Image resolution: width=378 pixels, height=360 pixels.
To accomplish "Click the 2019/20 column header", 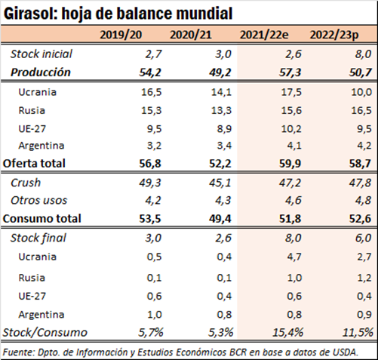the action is [121, 35].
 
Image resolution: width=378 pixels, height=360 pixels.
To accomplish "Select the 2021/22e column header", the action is [264, 35].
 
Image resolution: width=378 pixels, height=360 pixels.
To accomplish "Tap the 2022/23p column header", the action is [334, 35].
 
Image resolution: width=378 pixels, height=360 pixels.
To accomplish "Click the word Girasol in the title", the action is [31, 14].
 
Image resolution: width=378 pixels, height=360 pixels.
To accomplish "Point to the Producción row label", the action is [41, 72].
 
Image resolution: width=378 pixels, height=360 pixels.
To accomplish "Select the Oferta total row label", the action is [34, 163].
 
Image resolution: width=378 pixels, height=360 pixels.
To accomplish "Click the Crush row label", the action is [26, 183].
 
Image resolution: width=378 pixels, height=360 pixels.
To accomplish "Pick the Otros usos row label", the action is [38, 201].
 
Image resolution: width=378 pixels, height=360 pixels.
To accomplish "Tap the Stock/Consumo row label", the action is [45, 333].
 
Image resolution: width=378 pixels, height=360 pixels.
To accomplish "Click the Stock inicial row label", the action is [41, 54].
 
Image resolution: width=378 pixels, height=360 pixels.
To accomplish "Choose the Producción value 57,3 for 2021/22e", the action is [290, 72].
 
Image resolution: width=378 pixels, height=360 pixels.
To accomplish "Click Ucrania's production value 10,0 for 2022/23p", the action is [361, 92].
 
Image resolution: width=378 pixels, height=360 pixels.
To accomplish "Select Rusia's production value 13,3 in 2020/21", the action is [221, 110].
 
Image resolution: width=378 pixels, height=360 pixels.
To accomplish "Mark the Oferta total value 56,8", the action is [150, 164].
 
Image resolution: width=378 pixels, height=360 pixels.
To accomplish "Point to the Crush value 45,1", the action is [220, 183].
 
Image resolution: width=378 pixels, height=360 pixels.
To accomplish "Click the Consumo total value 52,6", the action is [360, 219].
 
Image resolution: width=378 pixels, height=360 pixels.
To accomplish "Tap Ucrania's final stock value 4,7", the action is [293, 257].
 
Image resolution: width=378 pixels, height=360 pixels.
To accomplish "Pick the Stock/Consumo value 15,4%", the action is [288, 333].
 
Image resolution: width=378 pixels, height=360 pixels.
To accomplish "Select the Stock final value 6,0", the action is [363, 238].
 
